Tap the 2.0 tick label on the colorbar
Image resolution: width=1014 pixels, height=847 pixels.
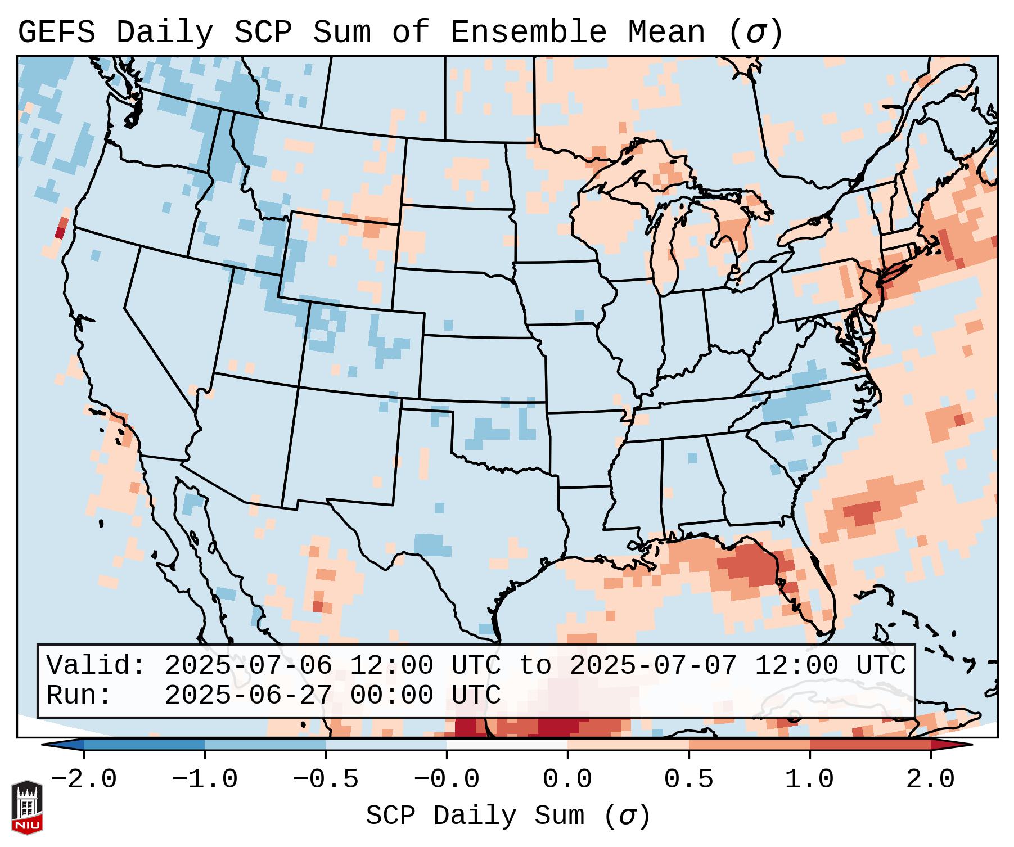point(930,780)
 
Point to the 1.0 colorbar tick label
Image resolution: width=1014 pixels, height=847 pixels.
point(809,780)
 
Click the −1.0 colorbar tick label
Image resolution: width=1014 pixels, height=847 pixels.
point(204,780)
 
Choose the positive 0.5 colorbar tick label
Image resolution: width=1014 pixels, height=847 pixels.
point(688,780)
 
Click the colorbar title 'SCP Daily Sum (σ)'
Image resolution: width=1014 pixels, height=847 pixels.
point(508,816)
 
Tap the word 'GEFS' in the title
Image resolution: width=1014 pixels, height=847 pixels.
point(56,33)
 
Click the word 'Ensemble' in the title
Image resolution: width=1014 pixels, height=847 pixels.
point(529,33)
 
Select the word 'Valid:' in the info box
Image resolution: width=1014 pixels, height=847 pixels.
point(96,666)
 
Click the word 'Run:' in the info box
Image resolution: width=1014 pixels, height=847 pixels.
point(79,696)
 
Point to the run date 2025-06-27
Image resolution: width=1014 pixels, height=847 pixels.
point(248,696)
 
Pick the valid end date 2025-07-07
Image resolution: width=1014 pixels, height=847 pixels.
point(653,666)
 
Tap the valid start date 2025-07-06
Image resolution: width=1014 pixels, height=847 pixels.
point(248,666)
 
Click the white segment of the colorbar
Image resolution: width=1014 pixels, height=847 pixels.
point(507,745)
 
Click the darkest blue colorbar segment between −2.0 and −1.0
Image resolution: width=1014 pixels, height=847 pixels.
point(144,745)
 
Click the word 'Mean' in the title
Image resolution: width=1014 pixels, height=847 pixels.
point(666,33)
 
